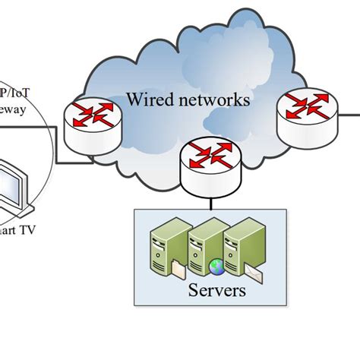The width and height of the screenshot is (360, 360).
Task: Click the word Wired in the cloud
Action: click(x=147, y=99)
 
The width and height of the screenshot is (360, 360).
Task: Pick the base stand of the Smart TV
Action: click(x=19, y=211)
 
